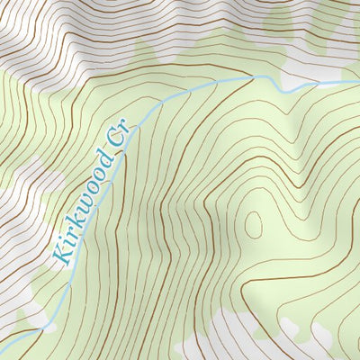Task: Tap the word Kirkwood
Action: [83, 206]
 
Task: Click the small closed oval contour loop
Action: [254, 224]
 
